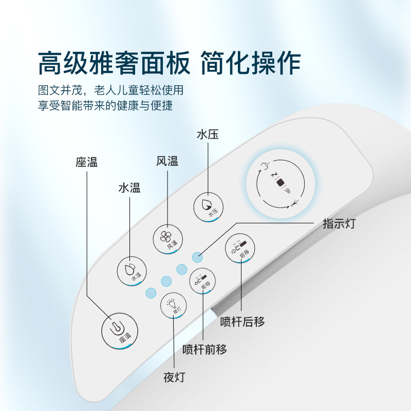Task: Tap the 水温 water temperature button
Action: tap(132, 270)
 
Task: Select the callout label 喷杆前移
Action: tap(205, 350)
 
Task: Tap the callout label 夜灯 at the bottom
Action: tap(174, 377)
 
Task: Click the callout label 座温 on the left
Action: tap(86, 162)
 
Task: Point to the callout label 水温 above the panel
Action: tap(129, 188)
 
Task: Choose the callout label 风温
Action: tap(167, 161)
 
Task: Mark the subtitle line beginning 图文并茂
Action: tap(110, 90)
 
